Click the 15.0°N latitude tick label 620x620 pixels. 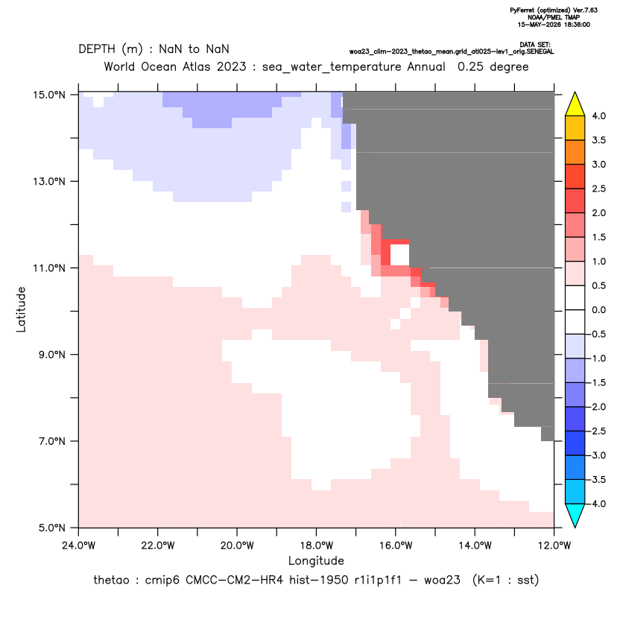click(x=49, y=95)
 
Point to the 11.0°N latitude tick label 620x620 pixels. click(x=49, y=268)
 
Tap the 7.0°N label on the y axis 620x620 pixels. click(x=51, y=441)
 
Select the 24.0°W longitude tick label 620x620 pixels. click(x=79, y=545)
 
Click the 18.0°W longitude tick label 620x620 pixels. click(x=316, y=545)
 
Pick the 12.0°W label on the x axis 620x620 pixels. click(x=554, y=545)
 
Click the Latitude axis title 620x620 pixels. click(x=21, y=309)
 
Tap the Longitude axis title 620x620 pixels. click(x=316, y=560)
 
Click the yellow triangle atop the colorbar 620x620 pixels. click(x=575, y=105)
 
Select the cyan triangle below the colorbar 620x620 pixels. click(x=575, y=514)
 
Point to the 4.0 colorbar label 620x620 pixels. click(x=598, y=116)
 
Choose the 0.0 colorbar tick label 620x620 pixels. click(x=598, y=310)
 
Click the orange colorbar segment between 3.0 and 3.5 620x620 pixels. click(x=575, y=152)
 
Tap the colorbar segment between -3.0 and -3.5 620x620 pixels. click(x=575, y=467)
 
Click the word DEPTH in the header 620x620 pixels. click(x=97, y=49)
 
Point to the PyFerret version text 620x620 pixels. click(x=554, y=10)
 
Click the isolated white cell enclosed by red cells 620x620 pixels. click(x=399, y=255)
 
